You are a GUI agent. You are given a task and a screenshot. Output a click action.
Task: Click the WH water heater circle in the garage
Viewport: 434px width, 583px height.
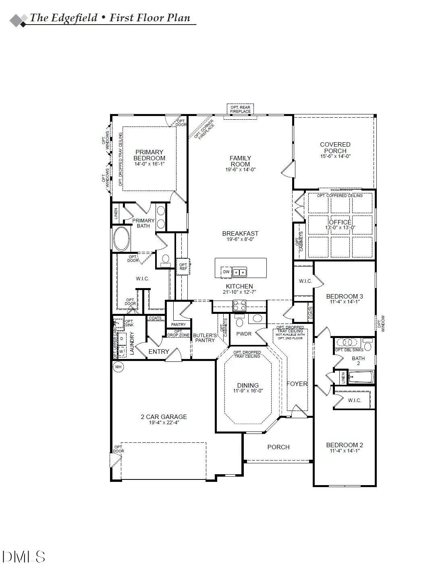pos(118,367)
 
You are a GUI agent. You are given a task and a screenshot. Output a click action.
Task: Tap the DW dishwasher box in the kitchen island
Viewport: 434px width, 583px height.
pos(226,272)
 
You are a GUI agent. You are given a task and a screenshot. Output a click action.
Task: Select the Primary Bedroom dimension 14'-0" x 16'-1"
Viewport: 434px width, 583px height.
pos(150,164)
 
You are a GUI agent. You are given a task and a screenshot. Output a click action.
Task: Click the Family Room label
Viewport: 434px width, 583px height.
pos(240,161)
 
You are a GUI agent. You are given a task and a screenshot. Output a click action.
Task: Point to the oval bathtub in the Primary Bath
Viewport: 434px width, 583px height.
pos(121,239)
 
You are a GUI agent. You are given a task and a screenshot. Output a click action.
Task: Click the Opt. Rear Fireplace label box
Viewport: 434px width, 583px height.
pos(240,109)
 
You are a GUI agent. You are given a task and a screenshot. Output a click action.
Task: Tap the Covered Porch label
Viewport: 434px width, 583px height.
pos(335,147)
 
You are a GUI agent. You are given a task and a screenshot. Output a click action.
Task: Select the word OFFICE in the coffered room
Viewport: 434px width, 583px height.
pos(340,222)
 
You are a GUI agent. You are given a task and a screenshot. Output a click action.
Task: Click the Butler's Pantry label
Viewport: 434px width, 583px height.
pos(205,338)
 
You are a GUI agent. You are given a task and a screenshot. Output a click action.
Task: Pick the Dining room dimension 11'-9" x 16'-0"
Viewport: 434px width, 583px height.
pos(248,391)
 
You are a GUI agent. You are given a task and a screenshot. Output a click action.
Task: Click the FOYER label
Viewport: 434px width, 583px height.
pos(297,384)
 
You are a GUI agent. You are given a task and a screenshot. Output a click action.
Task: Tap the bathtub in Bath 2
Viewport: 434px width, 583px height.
pos(361,378)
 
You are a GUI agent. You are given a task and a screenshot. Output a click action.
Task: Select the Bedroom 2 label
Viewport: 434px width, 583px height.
pos(345,445)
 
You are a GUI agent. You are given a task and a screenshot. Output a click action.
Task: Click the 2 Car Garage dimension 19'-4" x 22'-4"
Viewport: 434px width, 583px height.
pos(164,423)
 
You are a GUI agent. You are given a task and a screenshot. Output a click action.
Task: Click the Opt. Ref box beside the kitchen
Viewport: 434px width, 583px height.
pos(183,267)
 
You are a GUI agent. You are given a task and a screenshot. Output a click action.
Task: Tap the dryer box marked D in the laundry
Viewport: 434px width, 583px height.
pos(122,339)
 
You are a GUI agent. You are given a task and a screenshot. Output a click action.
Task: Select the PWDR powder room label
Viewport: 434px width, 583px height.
pos(244,334)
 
